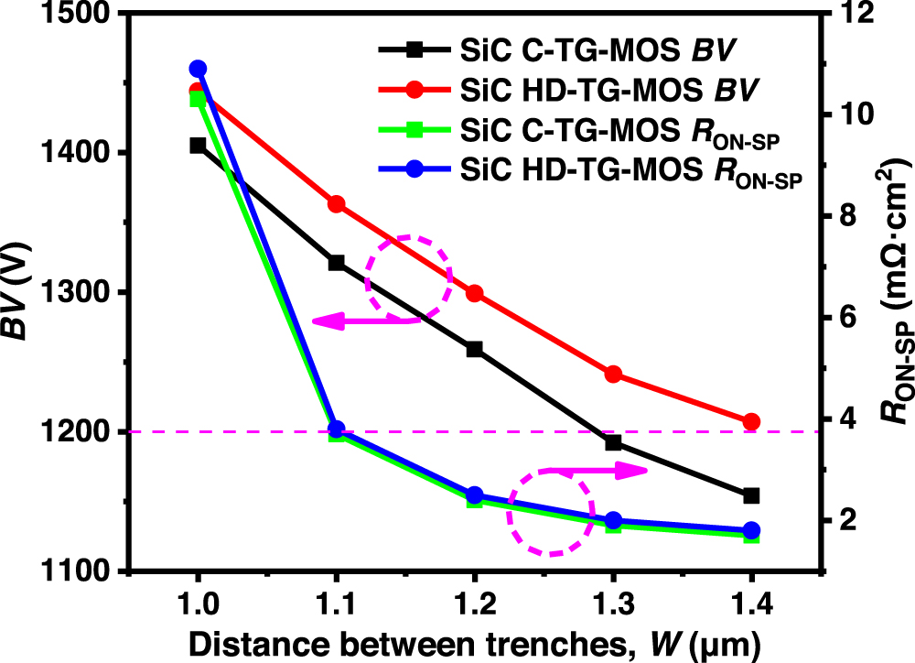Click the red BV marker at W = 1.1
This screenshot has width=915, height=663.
pyautogui.click(x=336, y=203)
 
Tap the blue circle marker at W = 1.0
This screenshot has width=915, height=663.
pyautogui.click(x=198, y=69)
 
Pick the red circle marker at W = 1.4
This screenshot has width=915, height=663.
pyautogui.click(x=752, y=421)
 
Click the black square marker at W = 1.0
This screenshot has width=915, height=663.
pyautogui.click(x=198, y=146)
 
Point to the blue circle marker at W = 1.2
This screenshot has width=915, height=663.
pyautogui.click(x=474, y=495)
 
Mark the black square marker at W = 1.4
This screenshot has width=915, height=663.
pyautogui.click(x=752, y=495)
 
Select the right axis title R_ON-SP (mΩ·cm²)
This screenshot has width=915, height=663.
pyautogui.click(x=888, y=293)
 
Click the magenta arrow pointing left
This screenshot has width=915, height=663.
pyautogui.click(x=366, y=321)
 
